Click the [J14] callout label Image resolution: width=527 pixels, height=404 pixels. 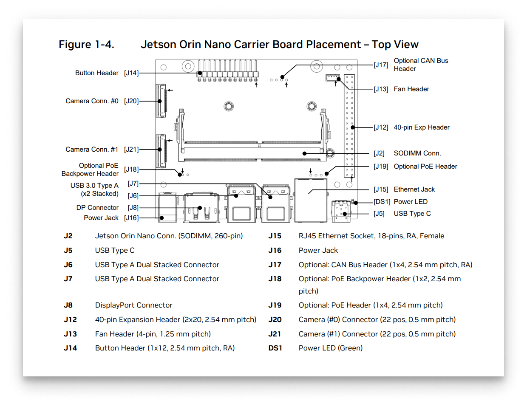pyautogui.click(x=131, y=73)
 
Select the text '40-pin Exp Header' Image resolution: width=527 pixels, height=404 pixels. pyautogui.click(x=422, y=127)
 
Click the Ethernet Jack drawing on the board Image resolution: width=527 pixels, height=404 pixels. pyautogui.click(x=311, y=201)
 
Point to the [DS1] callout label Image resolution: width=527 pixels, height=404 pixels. pyautogui.click(x=381, y=202)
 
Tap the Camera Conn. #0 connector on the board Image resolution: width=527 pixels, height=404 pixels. pyautogui.click(x=161, y=101)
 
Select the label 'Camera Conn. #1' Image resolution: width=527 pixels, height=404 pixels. pyautogui.click(x=92, y=150)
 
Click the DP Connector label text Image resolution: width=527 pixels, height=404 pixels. pyautogui.click(x=97, y=208)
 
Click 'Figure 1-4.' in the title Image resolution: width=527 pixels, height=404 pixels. pyautogui.click(x=86, y=45)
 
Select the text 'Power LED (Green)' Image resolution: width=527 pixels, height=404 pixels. pyautogui.click(x=331, y=348)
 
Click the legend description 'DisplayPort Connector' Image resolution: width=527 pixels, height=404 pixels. pyautogui.click(x=133, y=305)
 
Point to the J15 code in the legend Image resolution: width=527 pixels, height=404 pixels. pyautogui.click(x=275, y=236)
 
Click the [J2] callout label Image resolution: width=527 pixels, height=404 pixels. pyautogui.click(x=379, y=153)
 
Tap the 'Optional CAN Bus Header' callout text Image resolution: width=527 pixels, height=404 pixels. pyautogui.click(x=421, y=65)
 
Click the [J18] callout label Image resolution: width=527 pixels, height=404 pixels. pyautogui.click(x=131, y=170)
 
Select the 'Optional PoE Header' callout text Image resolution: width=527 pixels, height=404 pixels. pyautogui.click(x=425, y=167)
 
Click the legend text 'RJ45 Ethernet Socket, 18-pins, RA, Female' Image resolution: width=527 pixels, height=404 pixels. pyautogui.click(x=371, y=236)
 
